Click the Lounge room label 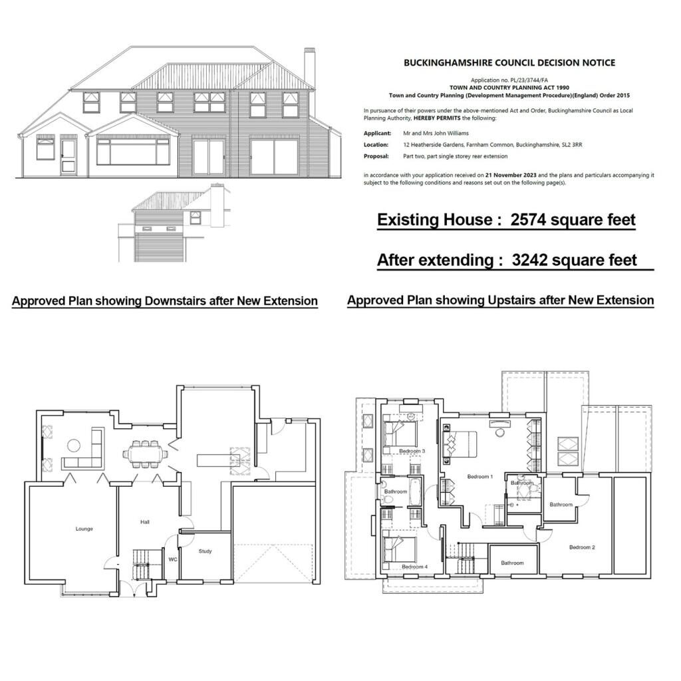(x=84, y=529)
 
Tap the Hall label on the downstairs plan (x=144, y=522)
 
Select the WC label (x=172, y=559)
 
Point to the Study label (x=205, y=551)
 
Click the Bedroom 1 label (x=480, y=477)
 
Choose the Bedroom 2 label (x=582, y=547)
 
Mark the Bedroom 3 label (x=412, y=452)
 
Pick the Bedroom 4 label (x=414, y=567)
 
